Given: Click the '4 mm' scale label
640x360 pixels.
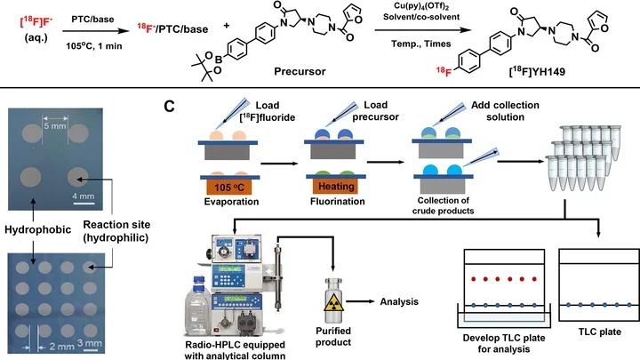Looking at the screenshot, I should click(84, 196).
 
